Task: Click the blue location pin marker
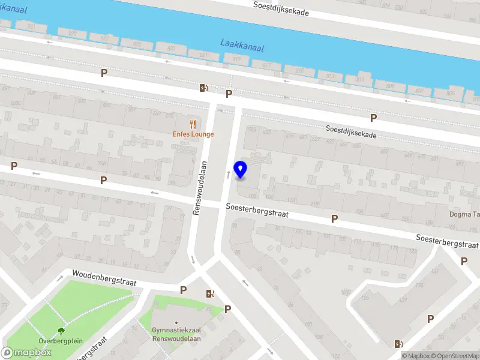[x=241, y=169]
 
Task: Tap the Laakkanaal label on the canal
[x=242, y=44]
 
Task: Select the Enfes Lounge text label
[x=193, y=134]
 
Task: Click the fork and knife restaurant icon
[x=193, y=124]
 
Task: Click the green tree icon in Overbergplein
[x=61, y=330]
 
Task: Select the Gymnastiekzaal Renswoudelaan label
[x=176, y=334]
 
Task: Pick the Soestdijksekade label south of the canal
[x=351, y=132]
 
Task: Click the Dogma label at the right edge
[x=464, y=214]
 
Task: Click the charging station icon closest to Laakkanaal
[x=204, y=88]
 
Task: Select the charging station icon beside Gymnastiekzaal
[x=210, y=293]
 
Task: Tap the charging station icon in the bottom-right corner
[x=398, y=344]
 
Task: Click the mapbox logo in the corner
[x=26, y=353]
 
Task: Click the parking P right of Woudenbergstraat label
[x=184, y=290]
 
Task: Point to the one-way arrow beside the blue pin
[x=228, y=175]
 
